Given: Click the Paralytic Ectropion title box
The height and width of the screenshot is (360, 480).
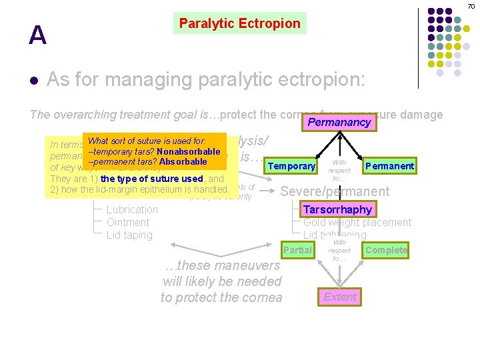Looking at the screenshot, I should (240, 24).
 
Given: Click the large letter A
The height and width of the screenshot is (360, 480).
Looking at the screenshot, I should (37, 35).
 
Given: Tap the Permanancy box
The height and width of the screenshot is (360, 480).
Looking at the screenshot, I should (339, 122).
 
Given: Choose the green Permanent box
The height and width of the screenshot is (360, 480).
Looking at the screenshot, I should (389, 166).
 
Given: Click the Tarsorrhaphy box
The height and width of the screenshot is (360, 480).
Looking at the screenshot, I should (337, 209).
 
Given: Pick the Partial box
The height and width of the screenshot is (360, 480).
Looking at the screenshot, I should (297, 250).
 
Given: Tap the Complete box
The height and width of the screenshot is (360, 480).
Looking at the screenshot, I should (386, 250).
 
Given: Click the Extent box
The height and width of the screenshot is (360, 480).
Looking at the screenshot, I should (340, 297).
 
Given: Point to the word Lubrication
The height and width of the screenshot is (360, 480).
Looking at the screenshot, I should (132, 209).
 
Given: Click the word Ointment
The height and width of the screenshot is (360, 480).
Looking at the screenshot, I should (128, 222).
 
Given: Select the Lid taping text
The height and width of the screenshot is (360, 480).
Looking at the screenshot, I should (129, 235).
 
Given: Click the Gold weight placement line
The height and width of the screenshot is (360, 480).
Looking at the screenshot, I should (357, 222).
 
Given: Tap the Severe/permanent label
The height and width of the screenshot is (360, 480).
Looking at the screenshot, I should (335, 191).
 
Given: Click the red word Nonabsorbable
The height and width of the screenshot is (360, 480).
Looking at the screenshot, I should (189, 151).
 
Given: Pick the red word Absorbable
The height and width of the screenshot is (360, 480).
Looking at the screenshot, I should (183, 161).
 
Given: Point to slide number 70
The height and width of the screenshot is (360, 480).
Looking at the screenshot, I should (471, 6).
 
